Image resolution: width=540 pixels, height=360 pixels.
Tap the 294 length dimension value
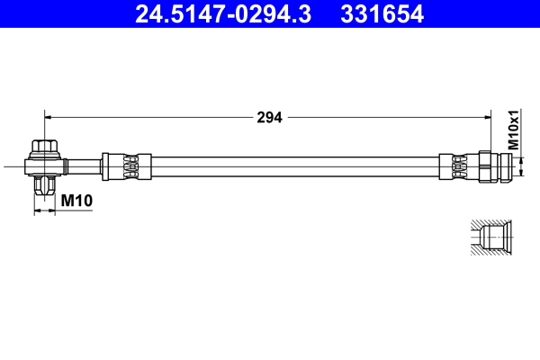pos(269,117)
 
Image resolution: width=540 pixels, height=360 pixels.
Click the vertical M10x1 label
pos(514,130)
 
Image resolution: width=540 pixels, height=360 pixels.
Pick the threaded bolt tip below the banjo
pos(44,186)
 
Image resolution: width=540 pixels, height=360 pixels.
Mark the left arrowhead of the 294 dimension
pos(49,116)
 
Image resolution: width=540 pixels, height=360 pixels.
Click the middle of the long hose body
pos(288,166)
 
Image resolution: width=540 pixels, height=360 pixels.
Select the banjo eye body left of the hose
pos(44,166)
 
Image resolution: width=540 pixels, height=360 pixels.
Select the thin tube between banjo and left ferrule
pos(83,166)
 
